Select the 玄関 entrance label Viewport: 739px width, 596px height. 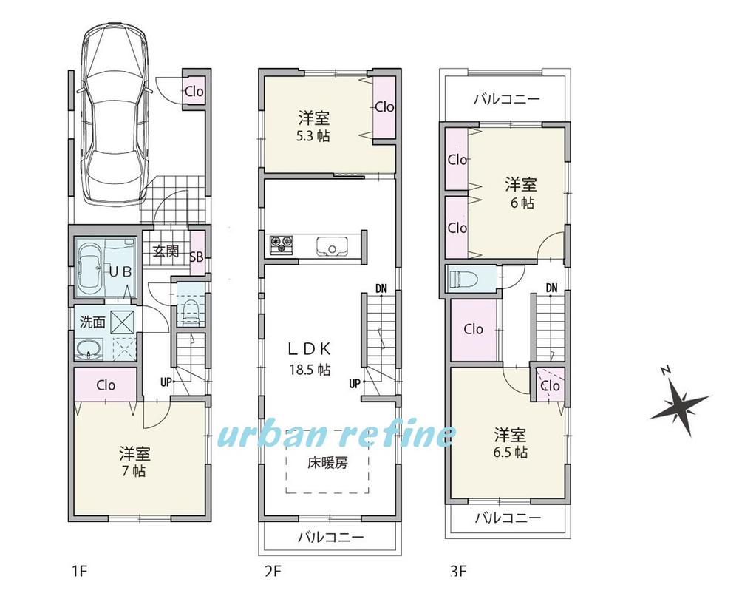tap(166, 251)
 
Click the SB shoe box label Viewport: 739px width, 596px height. tap(197, 257)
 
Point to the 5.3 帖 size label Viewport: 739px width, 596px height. tap(314, 136)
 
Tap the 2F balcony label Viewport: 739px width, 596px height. tap(330, 538)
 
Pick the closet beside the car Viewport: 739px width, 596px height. tap(194, 92)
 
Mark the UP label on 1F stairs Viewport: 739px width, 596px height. tap(168, 382)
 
